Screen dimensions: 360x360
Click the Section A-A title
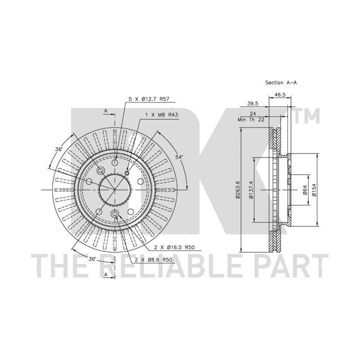click(x=281, y=82)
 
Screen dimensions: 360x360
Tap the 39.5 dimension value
click(x=252, y=103)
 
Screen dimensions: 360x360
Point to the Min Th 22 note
click(x=251, y=119)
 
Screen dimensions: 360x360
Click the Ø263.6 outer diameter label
click(x=238, y=189)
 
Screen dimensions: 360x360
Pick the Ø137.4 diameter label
click(x=251, y=189)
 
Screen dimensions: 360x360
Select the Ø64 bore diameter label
click(x=304, y=189)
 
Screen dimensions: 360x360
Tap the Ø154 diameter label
click(x=314, y=189)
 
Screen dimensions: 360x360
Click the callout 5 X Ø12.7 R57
click(x=149, y=99)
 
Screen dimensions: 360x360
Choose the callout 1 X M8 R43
click(x=161, y=115)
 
